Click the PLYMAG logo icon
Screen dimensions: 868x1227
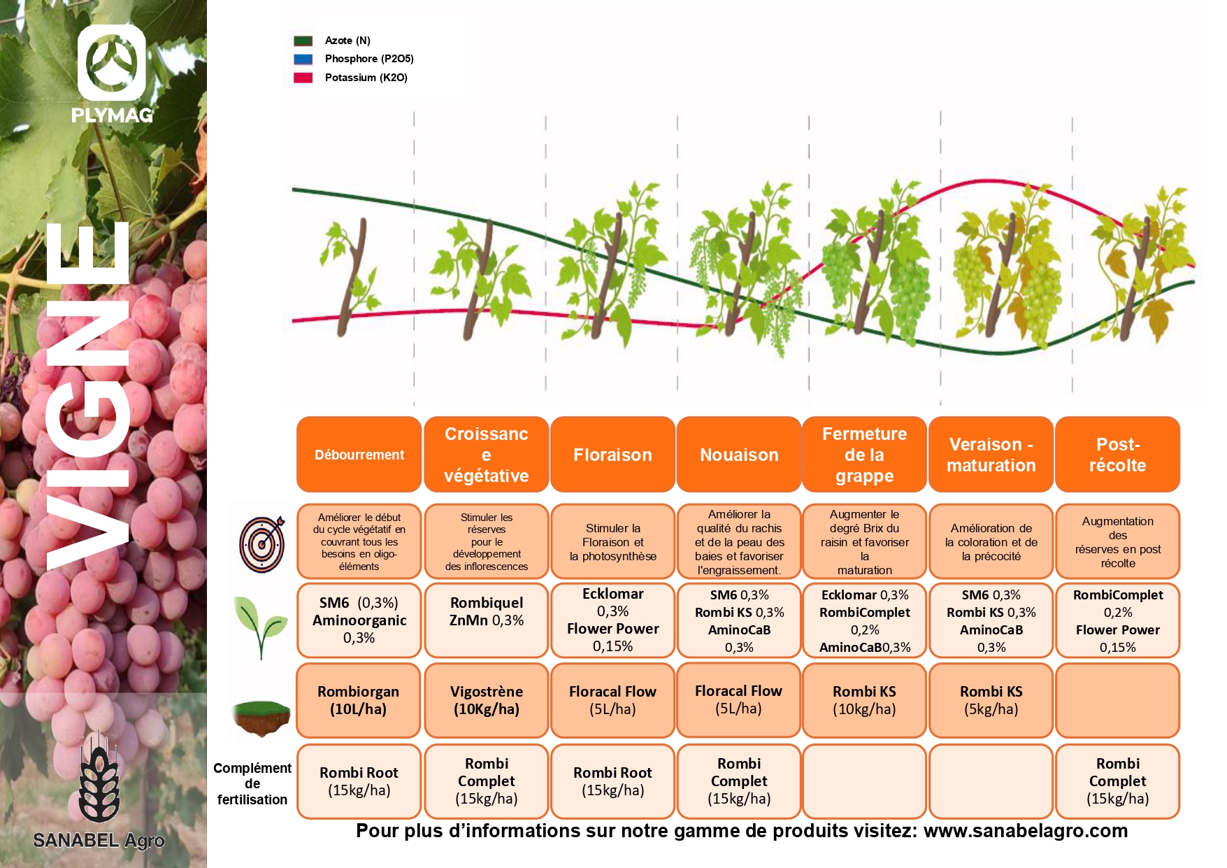pyautogui.click(x=111, y=63)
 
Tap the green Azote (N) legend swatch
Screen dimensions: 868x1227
pyautogui.click(x=303, y=41)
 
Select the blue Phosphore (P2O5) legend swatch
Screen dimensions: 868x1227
pyautogui.click(x=303, y=59)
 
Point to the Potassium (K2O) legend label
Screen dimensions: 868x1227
pyautogui.click(x=366, y=78)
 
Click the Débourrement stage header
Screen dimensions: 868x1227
pyautogui.click(x=359, y=455)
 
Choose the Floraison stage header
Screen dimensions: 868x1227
pyautogui.click(x=612, y=455)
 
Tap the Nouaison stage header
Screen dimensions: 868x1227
pyautogui.click(x=739, y=455)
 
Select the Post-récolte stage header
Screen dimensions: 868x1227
pyautogui.click(x=1117, y=455)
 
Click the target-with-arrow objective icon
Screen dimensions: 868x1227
pyautogui.click(x=262, y=544)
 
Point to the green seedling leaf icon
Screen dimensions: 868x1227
pyautogui.click(x=260, y=625)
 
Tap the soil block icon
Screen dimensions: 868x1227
pyautogui.click(x=261, y=717)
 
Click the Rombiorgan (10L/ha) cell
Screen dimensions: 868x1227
pyautogui.click(x=359, y=700)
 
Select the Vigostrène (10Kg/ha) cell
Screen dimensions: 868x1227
pyautogui.click(x=486, y=700)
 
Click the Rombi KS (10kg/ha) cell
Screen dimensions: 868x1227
pyautogui.click(x=864, y=700)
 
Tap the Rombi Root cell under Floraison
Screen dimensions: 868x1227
pyautogui.click(x=612, y=781)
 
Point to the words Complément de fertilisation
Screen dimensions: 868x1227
pyautogui.click(x=252, y=783)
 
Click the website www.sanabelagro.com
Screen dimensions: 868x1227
pyautogui.click(x=1025, y=831)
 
